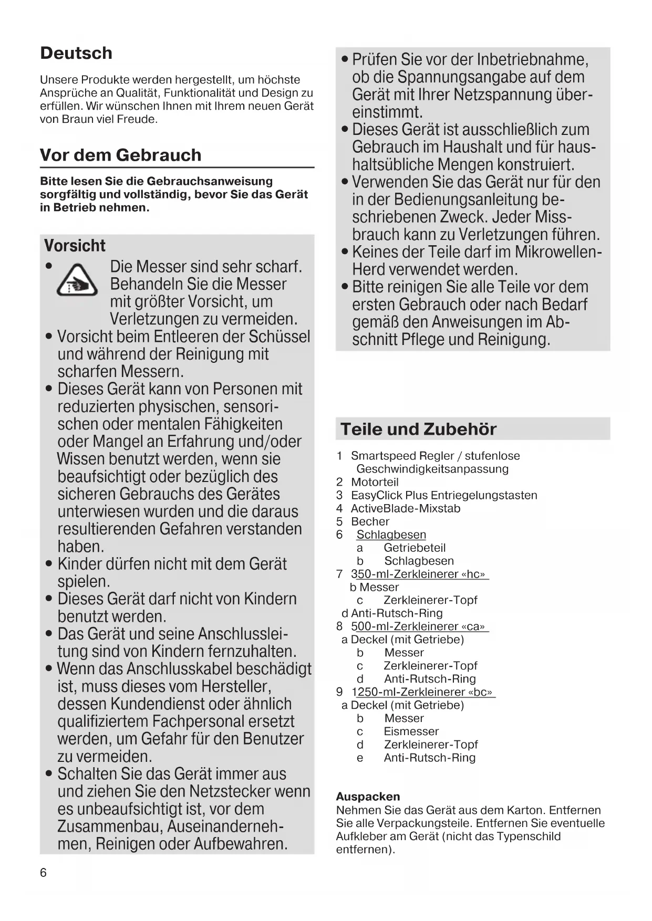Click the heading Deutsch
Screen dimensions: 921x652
click(x=76, y=53)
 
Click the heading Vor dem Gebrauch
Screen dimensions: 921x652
click(x=120, y=155)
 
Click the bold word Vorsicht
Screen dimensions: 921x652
click(x=75, y=245)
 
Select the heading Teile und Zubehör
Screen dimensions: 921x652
click(x=418, y=429)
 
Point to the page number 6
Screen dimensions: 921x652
click(x=43, y=873)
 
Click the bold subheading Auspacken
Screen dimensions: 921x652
click(x=368, y=797)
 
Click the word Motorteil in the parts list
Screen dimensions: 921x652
click(x=375, y=482)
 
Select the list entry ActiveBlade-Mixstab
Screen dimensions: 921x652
click(x=405, y=508)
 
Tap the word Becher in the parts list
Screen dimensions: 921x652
click(x=370, y=521)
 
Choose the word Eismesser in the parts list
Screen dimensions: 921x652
click(x=411, y=731)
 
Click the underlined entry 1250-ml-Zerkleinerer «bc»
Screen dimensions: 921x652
click(x=423, y=692)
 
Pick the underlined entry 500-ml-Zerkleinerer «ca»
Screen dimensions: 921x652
click(x=419, y=626)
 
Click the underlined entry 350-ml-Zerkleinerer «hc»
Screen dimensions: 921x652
click(x=419, y=574)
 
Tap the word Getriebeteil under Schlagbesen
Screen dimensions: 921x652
click(x=415, y=548)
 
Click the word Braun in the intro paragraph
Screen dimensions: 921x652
click(x=71, y=119)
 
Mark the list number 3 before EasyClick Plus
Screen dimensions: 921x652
click(x=339, y=495)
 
